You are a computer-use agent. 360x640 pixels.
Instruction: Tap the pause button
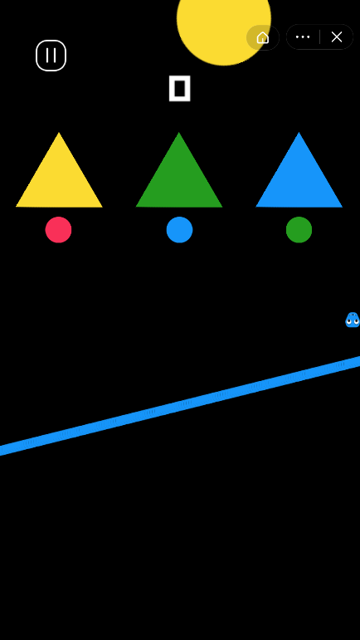pyautogui.click(x=51, y=56)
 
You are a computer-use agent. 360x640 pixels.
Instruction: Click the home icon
pyautogui.click(x=263, y=37)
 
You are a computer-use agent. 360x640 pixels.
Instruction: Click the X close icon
pyautogui.click(x=337, y=37)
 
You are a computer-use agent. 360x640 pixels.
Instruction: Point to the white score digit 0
pyautogui.click(x=180, y=88)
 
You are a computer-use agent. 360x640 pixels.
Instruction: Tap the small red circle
pyautogui.click(x=58, y=230)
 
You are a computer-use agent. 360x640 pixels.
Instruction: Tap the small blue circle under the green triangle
pyautogui.click(x=179, y=230)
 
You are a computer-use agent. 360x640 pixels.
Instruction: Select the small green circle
pyautogui.click(x=299, y=230)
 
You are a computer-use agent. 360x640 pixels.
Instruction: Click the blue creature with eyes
pyautogui.click(x=353, y=320)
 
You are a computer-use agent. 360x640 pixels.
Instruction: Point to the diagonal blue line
pyautogui.click(x=180, y=406)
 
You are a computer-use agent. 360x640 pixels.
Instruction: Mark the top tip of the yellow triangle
pyautogui.click(x=59, y=132)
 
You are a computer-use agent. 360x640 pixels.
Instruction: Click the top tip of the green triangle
pyautogui.click(x=179, y=132)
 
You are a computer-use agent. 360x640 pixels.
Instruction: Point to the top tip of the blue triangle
pyautogui.click(x=299, y=132)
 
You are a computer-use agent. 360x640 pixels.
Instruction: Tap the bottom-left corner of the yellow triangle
pyautogui.click(x=17, y=207)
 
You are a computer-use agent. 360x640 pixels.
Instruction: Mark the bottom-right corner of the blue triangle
pyautogui.click(x=342, y=207)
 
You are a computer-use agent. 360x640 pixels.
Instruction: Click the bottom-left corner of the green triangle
pyautogui.click(x=136, y=207)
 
